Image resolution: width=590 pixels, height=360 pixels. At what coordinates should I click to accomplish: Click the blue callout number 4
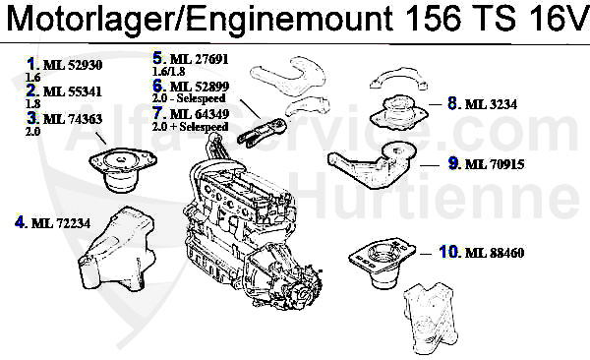[x=20, y=222]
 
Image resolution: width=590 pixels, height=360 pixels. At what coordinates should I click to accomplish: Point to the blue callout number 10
[x=448, y=253]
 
